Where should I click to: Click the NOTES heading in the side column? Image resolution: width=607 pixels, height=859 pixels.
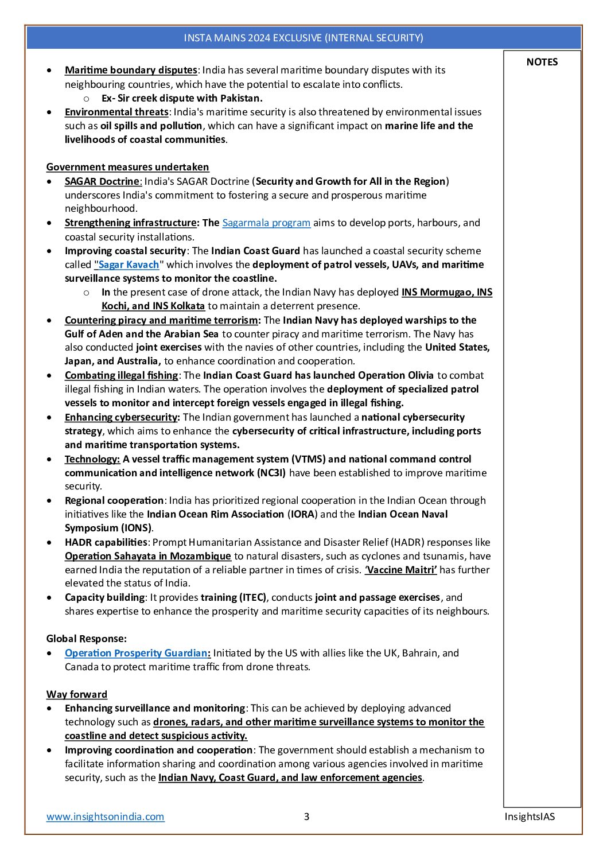point(542,62)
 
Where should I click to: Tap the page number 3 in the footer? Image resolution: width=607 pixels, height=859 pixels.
point(306,816)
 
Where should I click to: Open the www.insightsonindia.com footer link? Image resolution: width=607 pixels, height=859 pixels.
point(105,816)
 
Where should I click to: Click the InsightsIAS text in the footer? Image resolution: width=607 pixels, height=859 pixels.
point(530,816)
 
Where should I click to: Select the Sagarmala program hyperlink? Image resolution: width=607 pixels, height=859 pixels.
point(266,223)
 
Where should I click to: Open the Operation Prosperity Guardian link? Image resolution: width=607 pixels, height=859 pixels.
point(137,653)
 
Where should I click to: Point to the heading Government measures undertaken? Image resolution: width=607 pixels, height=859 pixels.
point(127,167)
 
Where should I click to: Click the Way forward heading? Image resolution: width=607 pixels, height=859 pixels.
point(76,694)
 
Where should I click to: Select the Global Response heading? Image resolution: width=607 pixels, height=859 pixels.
point(86,639)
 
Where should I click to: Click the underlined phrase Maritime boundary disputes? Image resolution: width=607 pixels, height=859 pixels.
point(131,70)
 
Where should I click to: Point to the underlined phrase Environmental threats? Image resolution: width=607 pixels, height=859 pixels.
point(116,112)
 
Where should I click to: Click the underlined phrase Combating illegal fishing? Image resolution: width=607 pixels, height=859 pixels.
point(121,375)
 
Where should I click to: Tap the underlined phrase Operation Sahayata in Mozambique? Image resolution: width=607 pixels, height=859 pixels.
point(147,556)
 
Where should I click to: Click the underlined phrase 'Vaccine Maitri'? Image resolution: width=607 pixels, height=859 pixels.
point(400,570)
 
